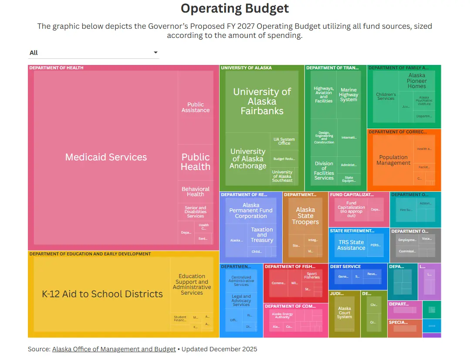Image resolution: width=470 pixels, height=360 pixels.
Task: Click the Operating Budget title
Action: click(235, 8)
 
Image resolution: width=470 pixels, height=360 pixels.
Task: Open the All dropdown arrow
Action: click(156, 53)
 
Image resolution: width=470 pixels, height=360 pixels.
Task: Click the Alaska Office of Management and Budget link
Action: click(114, 349)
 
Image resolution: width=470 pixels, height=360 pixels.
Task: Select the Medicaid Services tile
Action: click(106, 157)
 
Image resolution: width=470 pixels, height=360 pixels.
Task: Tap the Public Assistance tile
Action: click(195, 107)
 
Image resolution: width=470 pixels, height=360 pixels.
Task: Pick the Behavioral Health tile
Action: click(195, 192)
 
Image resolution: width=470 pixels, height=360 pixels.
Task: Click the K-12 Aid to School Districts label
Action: click(102, 294)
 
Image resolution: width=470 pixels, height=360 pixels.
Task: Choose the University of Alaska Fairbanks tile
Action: click(262, 102)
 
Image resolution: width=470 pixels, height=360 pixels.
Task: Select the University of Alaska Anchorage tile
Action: click(247, 159)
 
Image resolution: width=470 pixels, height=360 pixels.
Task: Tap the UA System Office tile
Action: click(284, 141)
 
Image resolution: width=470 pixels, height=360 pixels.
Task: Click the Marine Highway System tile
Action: click(348, 95)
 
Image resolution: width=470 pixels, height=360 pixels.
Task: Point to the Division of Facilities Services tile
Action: click(324, 170)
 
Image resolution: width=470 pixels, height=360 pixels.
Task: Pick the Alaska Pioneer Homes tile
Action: click(416, 81)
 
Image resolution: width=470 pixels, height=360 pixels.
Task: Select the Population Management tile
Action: click(393, 160)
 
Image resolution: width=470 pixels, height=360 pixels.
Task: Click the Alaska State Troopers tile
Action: click(305, 216)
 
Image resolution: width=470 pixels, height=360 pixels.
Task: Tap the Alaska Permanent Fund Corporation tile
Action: click(250, 211)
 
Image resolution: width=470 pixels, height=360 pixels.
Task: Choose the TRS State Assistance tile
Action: click(351, 245)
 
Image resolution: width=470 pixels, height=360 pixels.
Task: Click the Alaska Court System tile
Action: click(344, 312)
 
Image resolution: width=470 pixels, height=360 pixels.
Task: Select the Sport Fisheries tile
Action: click(312, 275)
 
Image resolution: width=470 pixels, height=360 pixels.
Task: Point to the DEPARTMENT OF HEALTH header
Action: click(56, 68)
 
